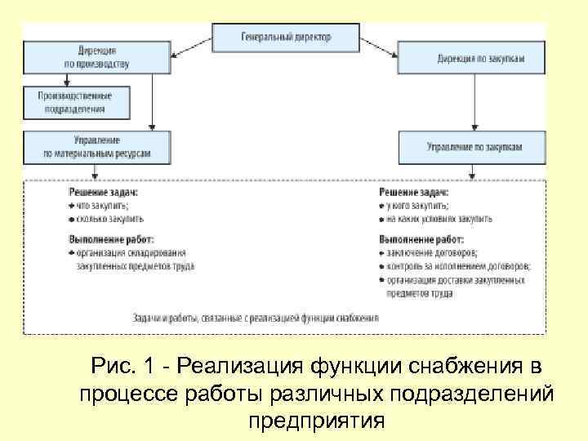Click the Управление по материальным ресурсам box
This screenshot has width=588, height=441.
click(x=96, y=146)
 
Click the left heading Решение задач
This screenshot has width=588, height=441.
click(x=103, y=192)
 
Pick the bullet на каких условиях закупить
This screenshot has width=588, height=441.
click(x=439, y=219)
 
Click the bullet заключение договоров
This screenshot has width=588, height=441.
click(x=433, y=253)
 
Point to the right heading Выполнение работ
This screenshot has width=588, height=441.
click(x=421, y=240)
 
